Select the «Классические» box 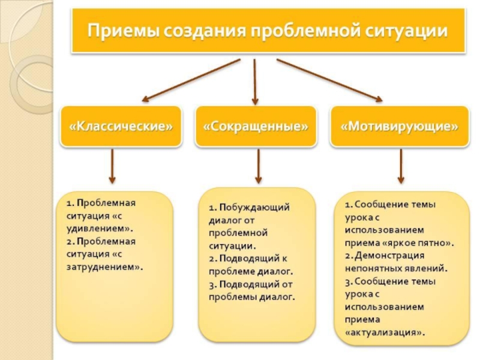pos(121,127)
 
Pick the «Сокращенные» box pos(256,127)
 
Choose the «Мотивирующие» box pos(400,127)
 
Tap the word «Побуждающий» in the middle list pos(254,208)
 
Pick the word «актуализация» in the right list pos(384,331)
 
